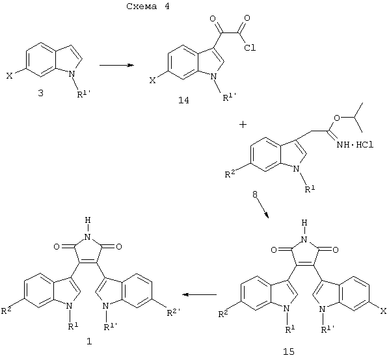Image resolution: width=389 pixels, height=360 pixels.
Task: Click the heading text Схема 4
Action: (148, 6)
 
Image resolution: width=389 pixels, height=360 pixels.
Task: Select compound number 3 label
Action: (40, 94)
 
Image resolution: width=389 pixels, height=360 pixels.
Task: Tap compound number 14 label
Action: (183, 100)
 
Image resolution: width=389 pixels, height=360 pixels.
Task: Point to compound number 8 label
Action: (255, 194)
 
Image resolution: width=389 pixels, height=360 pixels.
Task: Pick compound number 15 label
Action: (289, 352)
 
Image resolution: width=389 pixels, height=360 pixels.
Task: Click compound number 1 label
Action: (89, 341)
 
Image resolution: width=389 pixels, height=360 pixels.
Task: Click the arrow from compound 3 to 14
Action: (116, 65)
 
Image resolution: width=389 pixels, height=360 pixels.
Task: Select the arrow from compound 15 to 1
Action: (200, 294)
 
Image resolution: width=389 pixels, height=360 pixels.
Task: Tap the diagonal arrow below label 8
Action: (263, 209)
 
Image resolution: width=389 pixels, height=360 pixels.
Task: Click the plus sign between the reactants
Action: (243, 125)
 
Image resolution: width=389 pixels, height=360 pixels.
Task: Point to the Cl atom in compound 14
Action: (250, 47)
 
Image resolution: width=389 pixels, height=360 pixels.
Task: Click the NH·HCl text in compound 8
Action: (355, 145)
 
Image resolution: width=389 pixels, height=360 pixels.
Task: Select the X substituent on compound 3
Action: (9, 76)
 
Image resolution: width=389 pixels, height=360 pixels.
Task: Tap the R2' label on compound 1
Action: (174, 313)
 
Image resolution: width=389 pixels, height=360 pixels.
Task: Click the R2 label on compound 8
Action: (230, 174)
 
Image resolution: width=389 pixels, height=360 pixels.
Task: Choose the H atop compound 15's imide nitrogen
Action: (304, 223)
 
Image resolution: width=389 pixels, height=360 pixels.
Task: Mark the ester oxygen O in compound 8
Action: (337, 118)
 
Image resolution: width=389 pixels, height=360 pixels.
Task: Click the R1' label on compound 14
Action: (229, 97)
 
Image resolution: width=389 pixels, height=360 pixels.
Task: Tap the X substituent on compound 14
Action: (153, 81)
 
